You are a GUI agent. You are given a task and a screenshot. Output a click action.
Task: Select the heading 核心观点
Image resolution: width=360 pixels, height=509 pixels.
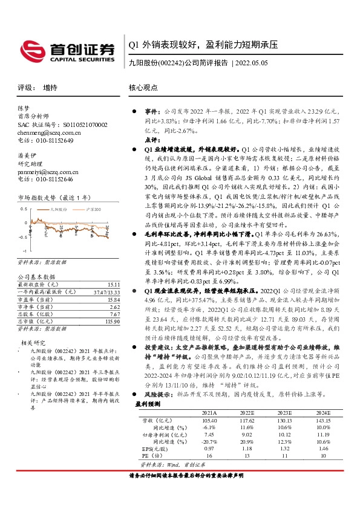click(x=143, y=88)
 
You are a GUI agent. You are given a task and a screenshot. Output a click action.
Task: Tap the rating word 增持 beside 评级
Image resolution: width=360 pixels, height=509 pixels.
click(x=50, y=88)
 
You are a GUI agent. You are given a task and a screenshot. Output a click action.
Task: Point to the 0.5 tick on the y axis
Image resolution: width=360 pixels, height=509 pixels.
click(x=23, y=209)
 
